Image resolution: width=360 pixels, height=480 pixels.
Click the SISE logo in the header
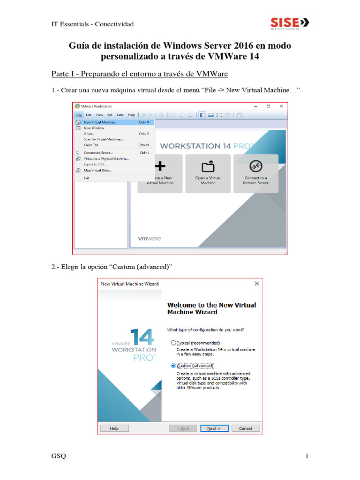pos(290,22)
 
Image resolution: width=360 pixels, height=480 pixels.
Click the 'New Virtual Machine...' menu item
pos(100,122)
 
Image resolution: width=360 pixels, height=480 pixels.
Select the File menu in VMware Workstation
pos(79,115)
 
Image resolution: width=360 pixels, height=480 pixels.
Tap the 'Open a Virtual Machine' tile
pos(208,173)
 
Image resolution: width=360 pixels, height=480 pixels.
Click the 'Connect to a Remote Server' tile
pos(255,173)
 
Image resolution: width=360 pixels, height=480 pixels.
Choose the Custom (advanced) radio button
pos(173,366)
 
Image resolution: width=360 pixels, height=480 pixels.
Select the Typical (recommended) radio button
pos(173,343)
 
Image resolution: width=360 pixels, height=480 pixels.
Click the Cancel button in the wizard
pos(245,428)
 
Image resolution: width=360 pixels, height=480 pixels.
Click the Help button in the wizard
pos(114,428)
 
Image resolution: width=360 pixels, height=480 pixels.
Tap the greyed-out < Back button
pos(183,428)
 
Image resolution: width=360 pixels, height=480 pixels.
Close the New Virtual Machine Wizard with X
pos(256,284)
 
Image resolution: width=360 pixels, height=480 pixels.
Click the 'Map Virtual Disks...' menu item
pos(97,170)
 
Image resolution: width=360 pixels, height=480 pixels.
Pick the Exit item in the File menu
pos(86,178)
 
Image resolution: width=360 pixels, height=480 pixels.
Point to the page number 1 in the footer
pos(307,457)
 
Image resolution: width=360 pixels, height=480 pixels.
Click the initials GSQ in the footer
pos(59,457)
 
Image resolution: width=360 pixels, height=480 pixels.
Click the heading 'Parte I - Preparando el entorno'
pos(139,75)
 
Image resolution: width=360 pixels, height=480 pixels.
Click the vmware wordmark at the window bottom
pos(149,239)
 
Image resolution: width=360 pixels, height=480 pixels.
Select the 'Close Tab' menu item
pos(91,145)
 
